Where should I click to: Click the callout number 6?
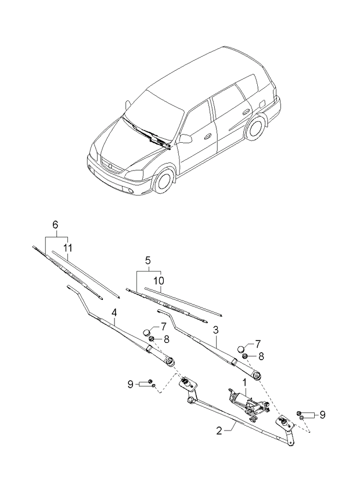[x=56, y=225]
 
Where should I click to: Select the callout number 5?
[x=147, y=260]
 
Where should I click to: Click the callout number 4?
[x=114, y=313]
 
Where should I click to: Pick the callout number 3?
[x=216, y=329]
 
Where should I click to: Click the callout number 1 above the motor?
[x=244, y=382]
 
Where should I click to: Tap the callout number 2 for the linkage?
[x=219, y=430]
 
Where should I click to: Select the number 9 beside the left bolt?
[x=131, y=384]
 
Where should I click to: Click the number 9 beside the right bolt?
[x=322, y=414]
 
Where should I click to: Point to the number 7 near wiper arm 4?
[x=163, y=327]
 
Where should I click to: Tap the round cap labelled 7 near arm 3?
[x=240, y=349]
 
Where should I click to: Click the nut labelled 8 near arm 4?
[x=150, y=338]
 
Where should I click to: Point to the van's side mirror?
[x=185, y=138]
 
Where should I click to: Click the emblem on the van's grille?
[x=109, y=166]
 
